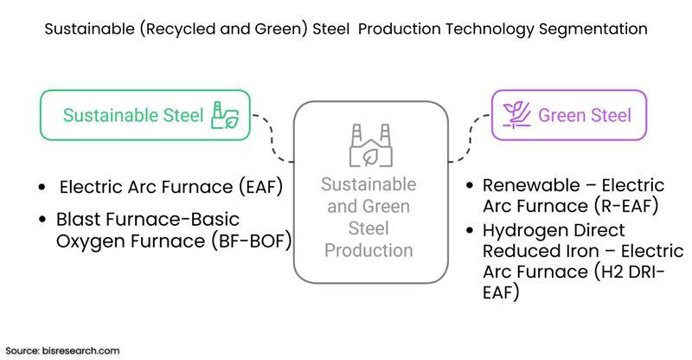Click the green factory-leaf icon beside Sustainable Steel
[226, 115]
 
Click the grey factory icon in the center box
[369, 145]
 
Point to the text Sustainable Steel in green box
[133, 115]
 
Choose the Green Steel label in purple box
[585, 115]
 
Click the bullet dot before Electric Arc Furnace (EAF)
[42, 188]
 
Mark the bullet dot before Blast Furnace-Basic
[42, 220]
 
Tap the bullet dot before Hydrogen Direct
[468, 231]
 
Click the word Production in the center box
[368, 251]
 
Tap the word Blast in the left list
[77, 219]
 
